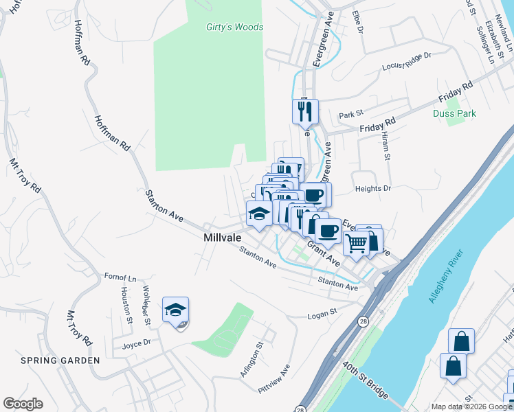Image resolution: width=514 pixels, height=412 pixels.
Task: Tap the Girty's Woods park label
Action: click(x=234, y=27)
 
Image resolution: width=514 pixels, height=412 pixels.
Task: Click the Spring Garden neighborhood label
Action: click(x=52, y=360)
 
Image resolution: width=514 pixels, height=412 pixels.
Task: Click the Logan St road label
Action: click(x=322, y=313)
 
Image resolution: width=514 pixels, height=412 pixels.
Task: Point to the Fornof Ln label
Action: click(x=120, y=278)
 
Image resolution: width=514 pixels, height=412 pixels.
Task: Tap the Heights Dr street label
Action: click(x=372, y=188)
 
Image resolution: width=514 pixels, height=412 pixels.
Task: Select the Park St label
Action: click(x=350, y=114)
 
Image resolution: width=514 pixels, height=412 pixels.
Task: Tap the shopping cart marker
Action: click(x=356, y=242)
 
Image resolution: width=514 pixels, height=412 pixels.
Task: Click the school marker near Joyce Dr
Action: click(x=175, y=310)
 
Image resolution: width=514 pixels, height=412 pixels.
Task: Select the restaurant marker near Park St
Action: click(x=305, y=111)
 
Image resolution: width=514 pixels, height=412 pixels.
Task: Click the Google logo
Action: click(x=23, y=404)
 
